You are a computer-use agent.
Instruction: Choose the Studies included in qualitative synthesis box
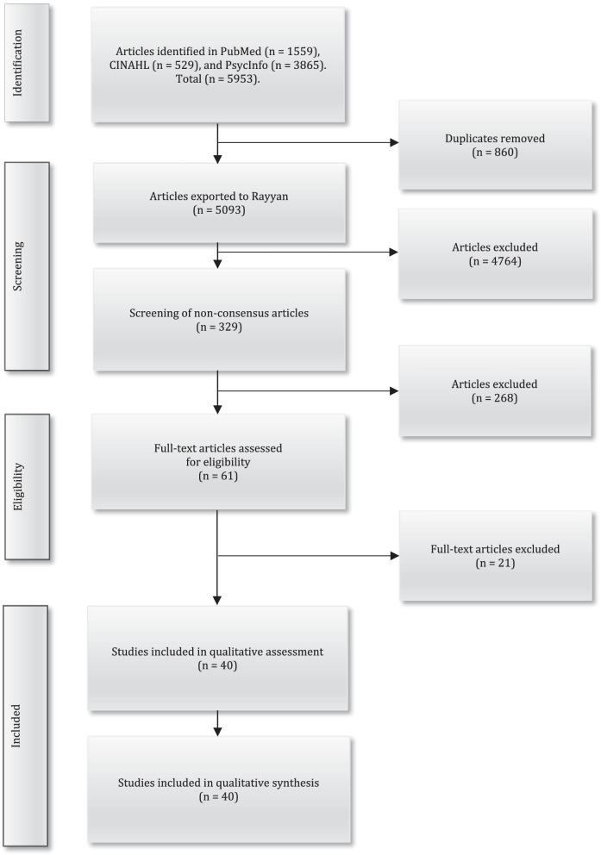click(x=217, y=789)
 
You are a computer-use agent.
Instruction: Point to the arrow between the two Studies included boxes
click(x=217, y=723)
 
